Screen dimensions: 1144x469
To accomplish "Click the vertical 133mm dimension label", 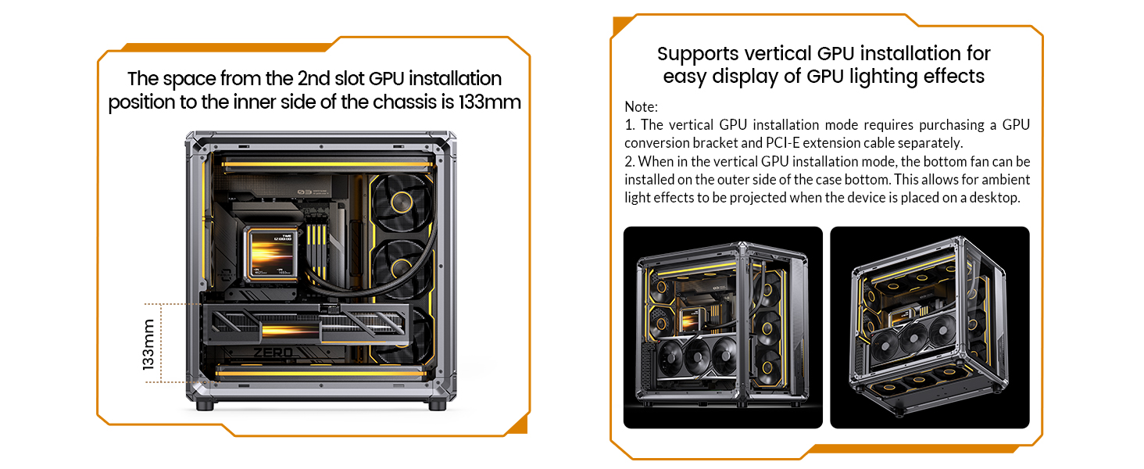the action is [x=148, y=344].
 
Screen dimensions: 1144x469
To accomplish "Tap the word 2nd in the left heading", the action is [x=313, y=79].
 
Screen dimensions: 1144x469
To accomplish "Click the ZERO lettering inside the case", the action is [x=273, y=352].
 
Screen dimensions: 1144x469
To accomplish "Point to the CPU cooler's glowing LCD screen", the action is [x=272, y=254].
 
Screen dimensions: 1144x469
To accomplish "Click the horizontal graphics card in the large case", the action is [x=306, y=324].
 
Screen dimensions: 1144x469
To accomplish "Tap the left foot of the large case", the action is [x=205, y=406].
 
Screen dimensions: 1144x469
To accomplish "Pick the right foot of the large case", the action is [x=437, y=406].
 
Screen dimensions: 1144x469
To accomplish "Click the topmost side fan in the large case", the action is [x=402, y=202].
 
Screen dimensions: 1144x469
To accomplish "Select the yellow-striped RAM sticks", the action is [x=316, y=250].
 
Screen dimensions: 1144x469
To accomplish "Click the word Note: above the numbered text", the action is [x=641, y=107].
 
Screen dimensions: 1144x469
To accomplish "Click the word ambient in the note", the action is [x=1003, y=179].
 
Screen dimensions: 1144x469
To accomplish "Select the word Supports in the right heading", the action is [x=698, y=54].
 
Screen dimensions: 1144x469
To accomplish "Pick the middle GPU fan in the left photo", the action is [x=696, y=356].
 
